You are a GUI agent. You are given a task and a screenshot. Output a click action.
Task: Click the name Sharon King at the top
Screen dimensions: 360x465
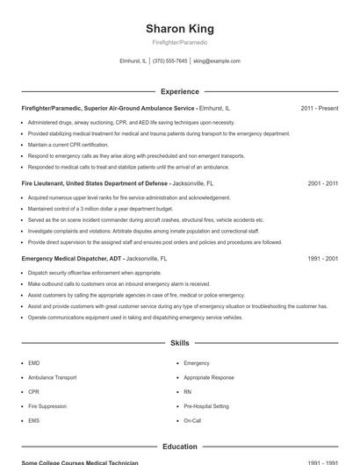point(179,28)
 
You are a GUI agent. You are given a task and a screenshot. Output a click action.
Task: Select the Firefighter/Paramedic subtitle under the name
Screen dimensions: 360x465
point(179,42)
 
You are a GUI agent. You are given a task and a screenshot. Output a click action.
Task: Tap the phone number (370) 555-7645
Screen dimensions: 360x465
point(169,61)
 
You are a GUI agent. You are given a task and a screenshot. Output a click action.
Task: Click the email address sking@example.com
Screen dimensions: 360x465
point(216,61)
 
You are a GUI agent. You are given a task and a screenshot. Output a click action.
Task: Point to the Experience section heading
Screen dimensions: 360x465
point(179,91)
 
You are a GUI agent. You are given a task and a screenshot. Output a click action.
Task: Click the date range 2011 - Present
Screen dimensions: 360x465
point(319,108)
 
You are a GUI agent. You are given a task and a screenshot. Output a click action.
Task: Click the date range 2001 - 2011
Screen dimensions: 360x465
point(322,183)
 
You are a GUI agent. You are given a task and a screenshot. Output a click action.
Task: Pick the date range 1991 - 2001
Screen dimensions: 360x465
point(322,259)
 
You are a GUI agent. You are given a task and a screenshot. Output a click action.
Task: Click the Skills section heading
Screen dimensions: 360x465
point(179,343)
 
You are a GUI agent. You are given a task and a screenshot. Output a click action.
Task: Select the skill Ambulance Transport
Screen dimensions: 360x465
point(52,377)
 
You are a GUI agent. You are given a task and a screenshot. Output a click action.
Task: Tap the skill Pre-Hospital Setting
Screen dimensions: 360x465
point(206,406)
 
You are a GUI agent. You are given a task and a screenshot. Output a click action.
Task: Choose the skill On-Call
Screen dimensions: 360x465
point(192,421)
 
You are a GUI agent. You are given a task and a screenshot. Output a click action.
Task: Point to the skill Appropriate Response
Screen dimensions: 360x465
point(209,377)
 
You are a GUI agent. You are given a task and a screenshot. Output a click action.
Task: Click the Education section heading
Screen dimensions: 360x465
point(179,446)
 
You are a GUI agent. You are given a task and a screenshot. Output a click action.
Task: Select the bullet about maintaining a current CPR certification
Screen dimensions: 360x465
point(68,145)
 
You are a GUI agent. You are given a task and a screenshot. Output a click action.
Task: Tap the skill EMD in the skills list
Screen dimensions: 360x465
point(34,362)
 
